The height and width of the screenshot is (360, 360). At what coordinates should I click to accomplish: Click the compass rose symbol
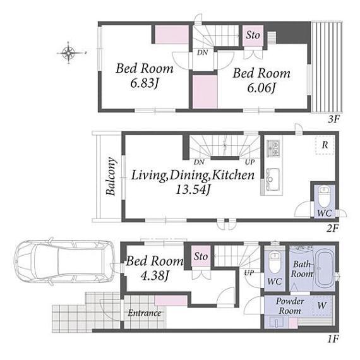pos(69,52)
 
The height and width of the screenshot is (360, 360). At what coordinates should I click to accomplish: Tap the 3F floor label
pos(333,119)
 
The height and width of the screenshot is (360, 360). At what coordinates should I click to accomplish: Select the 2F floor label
pos(333,229)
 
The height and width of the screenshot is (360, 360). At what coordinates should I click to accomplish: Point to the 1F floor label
pos(333,339)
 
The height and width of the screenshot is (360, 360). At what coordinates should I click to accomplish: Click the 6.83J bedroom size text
pos(145,83)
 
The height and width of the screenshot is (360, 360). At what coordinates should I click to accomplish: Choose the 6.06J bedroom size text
pos(261,88)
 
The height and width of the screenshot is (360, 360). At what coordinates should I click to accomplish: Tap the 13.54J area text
pos(193,189)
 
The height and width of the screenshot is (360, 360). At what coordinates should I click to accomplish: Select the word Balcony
pos(111,176)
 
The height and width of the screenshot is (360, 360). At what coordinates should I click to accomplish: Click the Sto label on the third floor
pos(253,35)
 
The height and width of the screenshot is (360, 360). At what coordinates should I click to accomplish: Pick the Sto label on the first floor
pos(201,256)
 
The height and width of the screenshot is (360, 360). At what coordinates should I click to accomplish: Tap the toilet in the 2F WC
pos(324,196)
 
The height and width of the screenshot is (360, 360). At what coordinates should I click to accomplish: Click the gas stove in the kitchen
pos(273,148)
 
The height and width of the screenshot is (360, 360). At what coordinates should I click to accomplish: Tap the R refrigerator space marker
pos(325,145)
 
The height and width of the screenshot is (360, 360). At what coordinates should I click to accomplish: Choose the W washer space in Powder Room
pos(322,306)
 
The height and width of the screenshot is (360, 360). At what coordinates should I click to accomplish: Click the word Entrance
pos(145,313)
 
